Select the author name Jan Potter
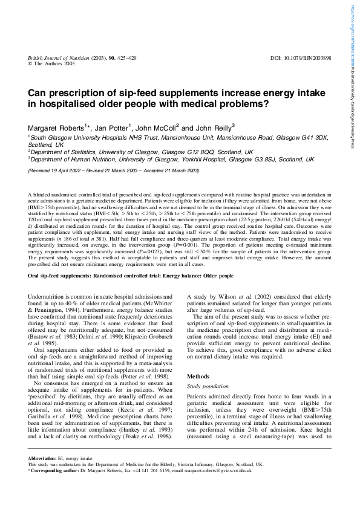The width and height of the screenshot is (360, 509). pyautogui.click(x=113, y=128)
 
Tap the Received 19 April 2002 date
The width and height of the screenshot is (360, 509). pyautogui.click(x=58, y=171)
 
